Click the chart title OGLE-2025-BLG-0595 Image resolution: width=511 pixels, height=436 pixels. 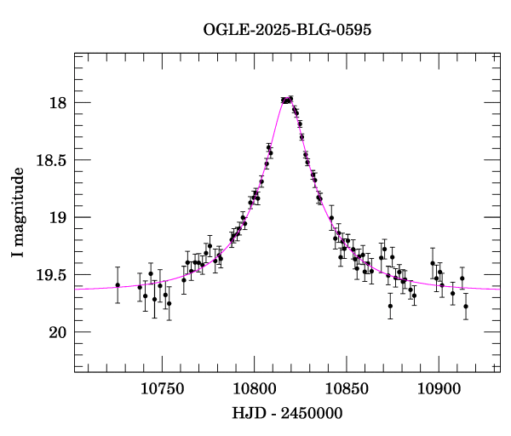point(287,30)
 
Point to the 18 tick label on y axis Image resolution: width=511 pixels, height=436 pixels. point(58,103)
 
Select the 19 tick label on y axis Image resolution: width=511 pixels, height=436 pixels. point(58,217)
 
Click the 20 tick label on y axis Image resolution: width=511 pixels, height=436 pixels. point(58,331)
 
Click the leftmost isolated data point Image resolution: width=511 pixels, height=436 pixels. point(118,285)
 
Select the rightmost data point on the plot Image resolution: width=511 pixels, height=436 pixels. point(466,306)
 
